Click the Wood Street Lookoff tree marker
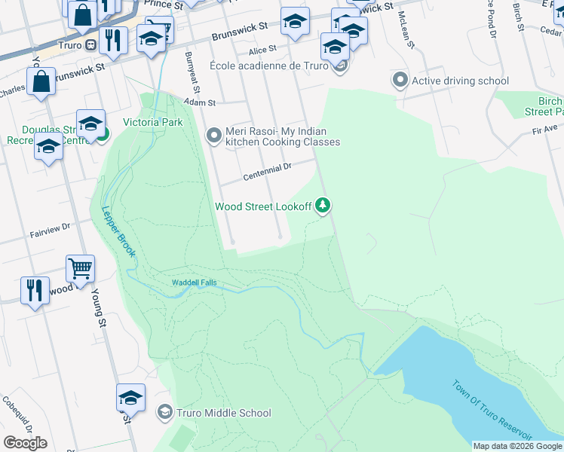[323, 205]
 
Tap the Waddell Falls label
[193, 282]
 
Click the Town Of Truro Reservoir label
[492, 411]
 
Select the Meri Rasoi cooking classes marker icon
[215, 136]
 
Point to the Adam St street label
[200, 102]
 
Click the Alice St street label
[263, 50]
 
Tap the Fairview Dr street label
[50, 227]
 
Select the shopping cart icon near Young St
[80, 267]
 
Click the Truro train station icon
[90, 44]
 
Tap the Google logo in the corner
[25, 442]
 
